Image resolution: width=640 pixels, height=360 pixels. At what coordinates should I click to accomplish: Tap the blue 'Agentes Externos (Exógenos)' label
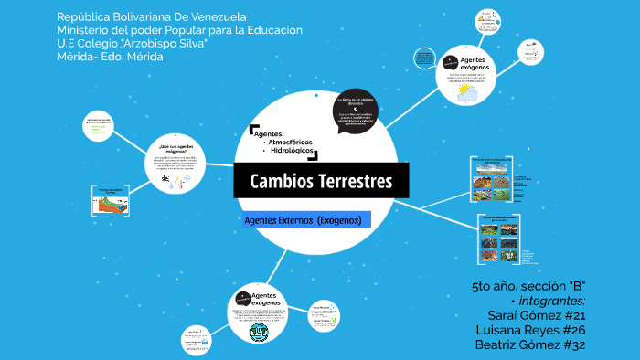coord(302,220)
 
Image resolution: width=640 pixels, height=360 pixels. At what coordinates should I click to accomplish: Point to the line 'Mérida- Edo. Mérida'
coord(110,57)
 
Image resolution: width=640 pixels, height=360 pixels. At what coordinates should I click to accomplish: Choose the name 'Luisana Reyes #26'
coord(529,330)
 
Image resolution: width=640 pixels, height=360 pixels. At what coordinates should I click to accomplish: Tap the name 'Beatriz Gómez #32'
coord(529,344)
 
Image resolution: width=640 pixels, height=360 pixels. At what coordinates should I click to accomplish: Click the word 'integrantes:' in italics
coord(552,301)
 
